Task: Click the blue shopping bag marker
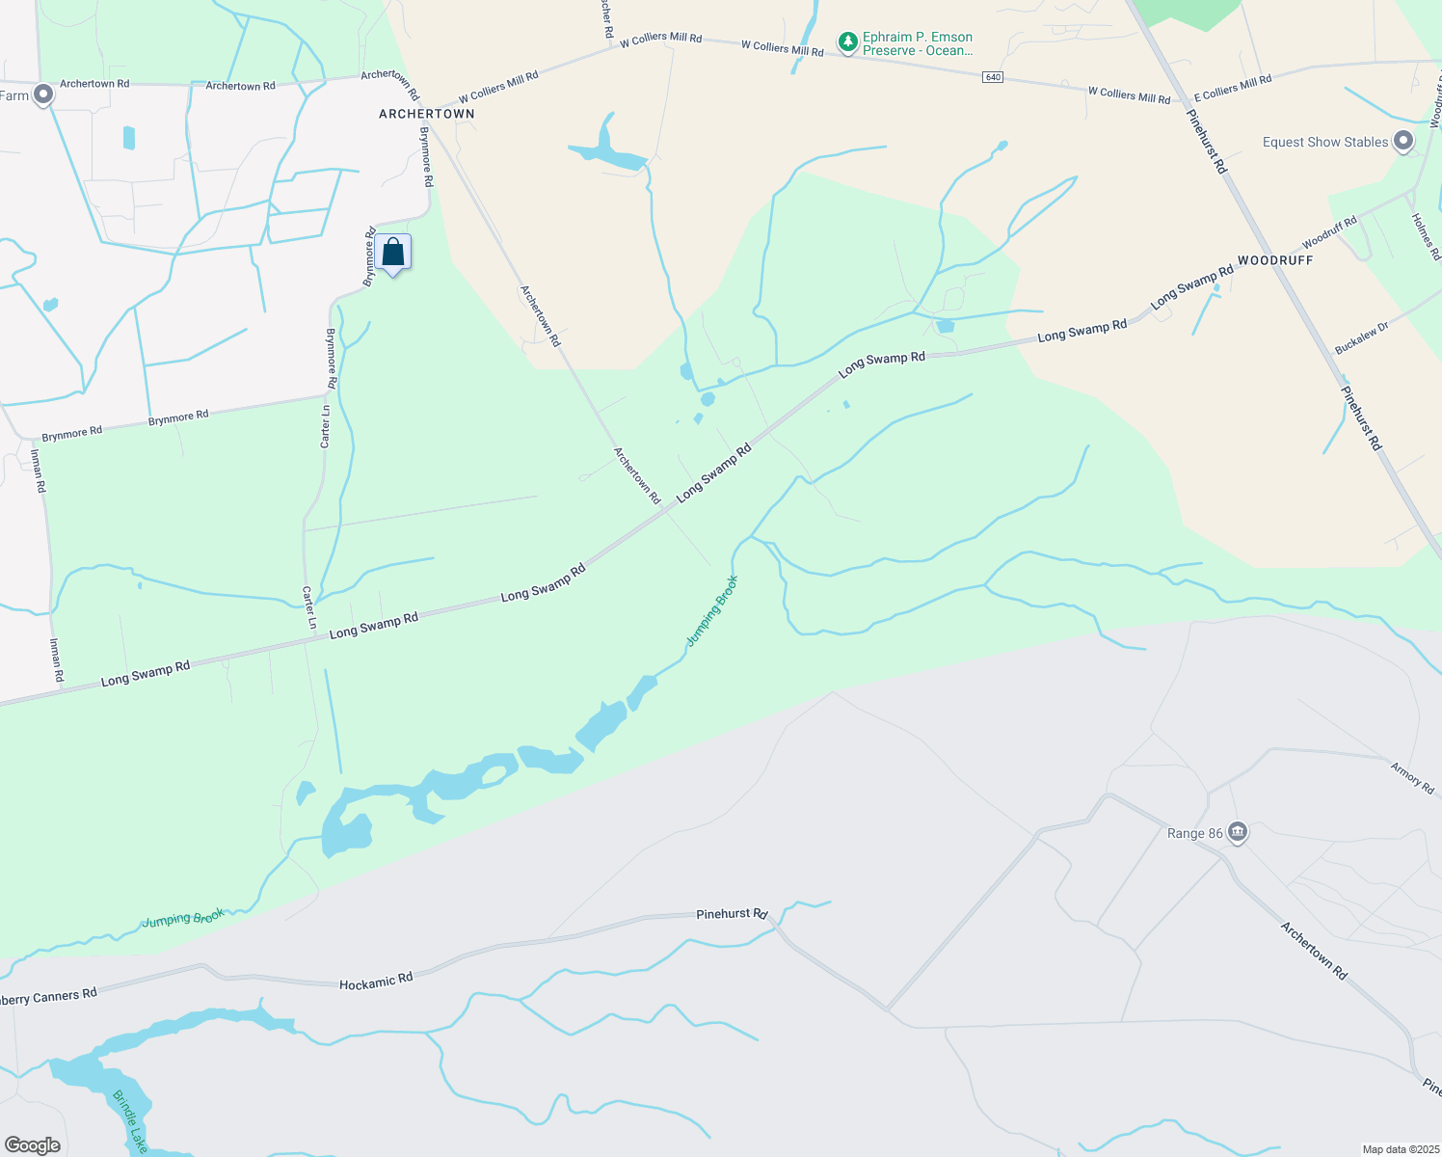tap(393, 253)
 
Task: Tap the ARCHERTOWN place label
tap(426, 114)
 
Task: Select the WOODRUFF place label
tap(1275, 260)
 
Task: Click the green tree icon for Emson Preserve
tap(847, 42)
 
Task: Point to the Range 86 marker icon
tap(1238, 832)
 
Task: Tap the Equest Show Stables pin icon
tap(1403, 142)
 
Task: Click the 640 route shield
tap(993, 77)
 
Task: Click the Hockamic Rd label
tap(376, 982)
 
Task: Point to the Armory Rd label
tap(1412, 777)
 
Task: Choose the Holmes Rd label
tap(1426, 236)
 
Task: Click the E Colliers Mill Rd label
tap(1233, 88)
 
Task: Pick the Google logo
tap(33, 1145)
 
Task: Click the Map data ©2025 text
tap(1401, 1149)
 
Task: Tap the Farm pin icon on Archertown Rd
tap(42, 94)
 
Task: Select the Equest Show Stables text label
tap(1325, 142)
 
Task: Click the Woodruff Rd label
tap(1329, 232)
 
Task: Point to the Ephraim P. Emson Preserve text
tap(918, 43)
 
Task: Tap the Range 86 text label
tap(1194, 833)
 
